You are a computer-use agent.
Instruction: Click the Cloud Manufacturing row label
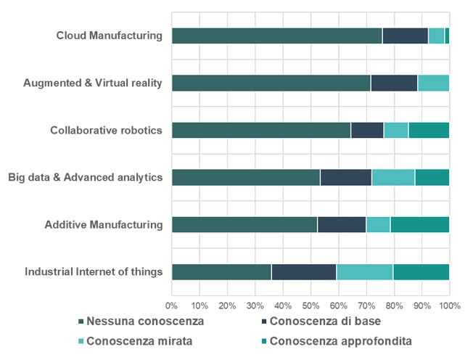pos(110,36)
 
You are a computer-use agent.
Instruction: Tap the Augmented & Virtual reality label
pos(93,83)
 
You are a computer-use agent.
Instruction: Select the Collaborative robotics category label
pos(107,131)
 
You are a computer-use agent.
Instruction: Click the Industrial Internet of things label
pos(94,272)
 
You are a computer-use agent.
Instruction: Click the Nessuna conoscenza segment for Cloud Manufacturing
pos(276,36)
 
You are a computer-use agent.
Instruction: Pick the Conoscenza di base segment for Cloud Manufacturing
pos(405,36)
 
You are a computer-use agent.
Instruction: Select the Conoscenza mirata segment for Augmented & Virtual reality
pos(433,83)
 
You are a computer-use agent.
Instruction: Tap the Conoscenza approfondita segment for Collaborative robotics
pos(429,131)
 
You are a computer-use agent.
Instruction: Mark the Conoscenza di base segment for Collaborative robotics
pos(367,131)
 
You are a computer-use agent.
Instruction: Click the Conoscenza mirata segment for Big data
pos(393,177)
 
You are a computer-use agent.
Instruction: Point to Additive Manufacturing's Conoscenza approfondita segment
pos(419,225)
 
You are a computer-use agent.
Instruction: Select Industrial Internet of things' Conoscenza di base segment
pos(304,272)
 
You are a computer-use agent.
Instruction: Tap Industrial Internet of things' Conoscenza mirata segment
pos(365,272)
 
